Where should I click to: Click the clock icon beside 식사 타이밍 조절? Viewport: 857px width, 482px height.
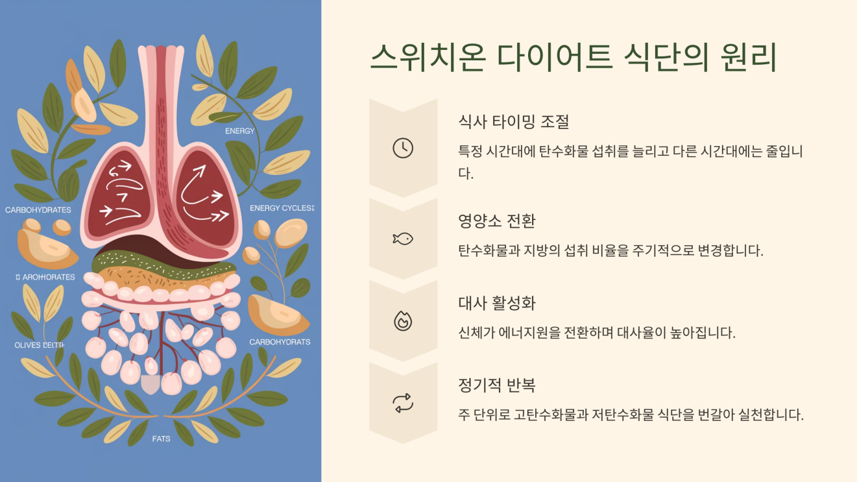tap(403, 149)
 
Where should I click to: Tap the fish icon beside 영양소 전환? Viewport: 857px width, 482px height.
tap(403, 239)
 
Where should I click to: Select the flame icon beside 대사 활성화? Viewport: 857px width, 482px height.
tap(403, 320)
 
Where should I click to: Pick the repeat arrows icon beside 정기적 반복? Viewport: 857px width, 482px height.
tap(403, 404)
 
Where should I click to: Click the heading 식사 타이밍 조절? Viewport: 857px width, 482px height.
tap(513, 121)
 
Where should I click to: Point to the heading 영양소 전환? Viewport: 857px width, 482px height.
tap(496, 221)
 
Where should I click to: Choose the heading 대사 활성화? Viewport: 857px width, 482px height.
tap(496, 304)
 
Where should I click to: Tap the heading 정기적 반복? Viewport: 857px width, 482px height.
tap(496, 385)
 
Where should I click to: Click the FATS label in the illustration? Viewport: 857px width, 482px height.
tap(161, 439)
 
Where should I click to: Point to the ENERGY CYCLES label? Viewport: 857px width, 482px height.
tap(282, 208)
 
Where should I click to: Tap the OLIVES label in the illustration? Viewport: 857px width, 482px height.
tap(27, 345)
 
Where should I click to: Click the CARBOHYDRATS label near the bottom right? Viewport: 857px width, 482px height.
tap(280, 342)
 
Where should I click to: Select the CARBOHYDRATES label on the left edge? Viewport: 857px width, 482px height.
tap(38, 210)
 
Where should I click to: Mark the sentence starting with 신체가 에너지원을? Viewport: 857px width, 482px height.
tap(596, 333)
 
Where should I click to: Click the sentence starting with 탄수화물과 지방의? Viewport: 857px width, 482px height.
tap(610, 250)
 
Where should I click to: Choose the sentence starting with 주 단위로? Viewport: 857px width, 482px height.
tap(631, 415)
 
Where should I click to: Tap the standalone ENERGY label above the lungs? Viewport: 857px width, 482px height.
tap(239, 131)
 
